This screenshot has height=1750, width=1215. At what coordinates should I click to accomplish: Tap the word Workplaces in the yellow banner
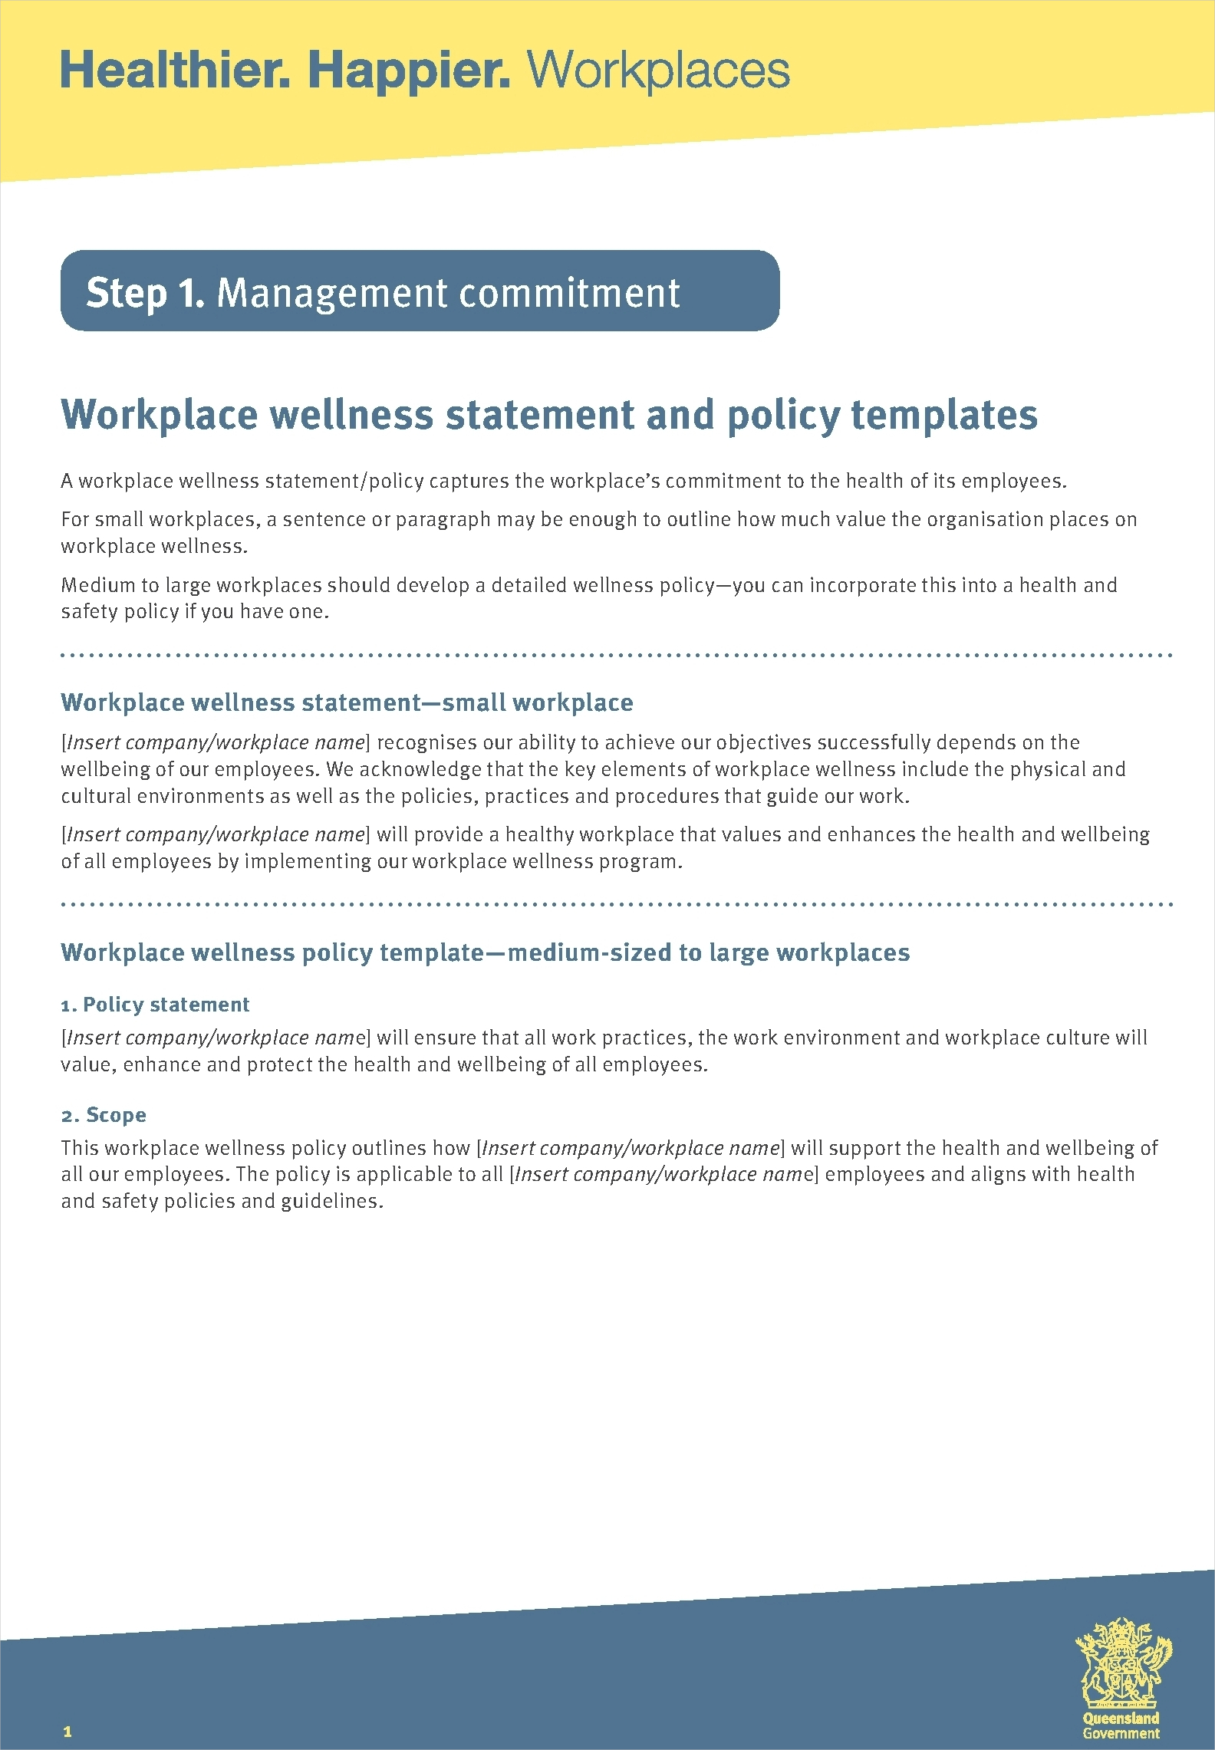tap(658, 71)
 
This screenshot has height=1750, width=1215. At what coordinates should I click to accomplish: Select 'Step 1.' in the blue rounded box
tap(145, 293)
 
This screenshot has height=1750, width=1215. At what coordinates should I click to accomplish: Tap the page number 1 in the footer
tap(67, 1731)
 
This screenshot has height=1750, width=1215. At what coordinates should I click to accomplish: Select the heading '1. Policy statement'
tap(155, 1005)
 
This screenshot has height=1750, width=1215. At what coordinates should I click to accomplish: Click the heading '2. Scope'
tap(104, 1115)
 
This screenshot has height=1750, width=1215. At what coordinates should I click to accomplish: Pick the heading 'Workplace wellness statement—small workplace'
tap(347, 702)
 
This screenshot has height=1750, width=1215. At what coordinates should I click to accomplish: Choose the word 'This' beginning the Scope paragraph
tap(80, 1148)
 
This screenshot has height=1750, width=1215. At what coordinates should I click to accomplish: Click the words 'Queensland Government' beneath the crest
tap(1121, 1725)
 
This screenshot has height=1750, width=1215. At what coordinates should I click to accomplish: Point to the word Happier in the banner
tap(408, 71)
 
